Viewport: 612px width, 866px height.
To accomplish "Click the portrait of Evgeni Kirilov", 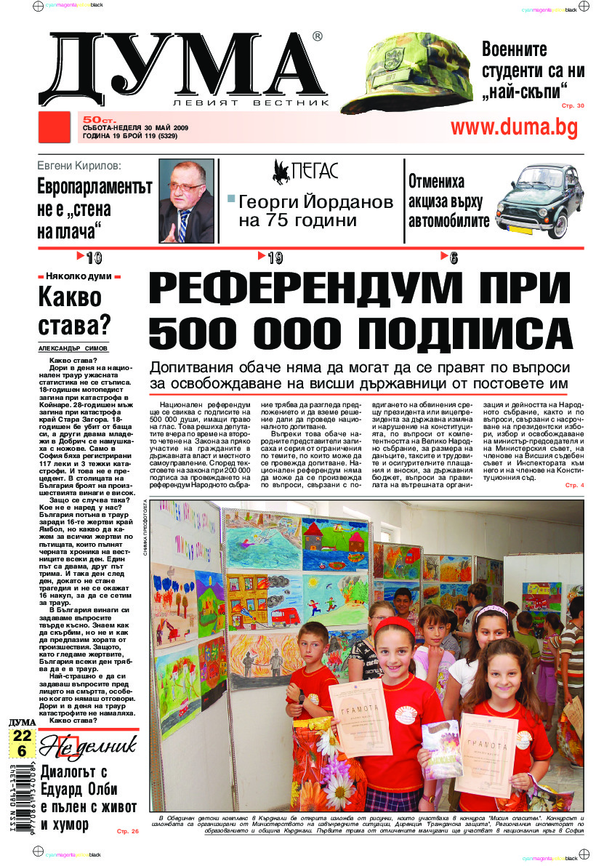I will pyautogui.click(x=186, y=201).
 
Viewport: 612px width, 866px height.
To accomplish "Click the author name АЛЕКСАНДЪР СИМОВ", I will pyautogui.click(x=73, y=348).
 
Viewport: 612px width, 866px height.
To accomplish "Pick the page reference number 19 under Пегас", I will pyautogui.click(x=274, y=257).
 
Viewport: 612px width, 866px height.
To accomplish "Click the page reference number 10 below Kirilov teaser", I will pyautogui.click(x=93, y=257).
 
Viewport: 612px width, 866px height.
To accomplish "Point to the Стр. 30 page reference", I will pyautogui.click(x=572, y=106).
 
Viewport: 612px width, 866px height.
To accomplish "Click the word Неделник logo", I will pyautogui.click(x=87, y=745).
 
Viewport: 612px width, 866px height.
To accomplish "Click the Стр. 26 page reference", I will pyautogui.click(x=127, y=830).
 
